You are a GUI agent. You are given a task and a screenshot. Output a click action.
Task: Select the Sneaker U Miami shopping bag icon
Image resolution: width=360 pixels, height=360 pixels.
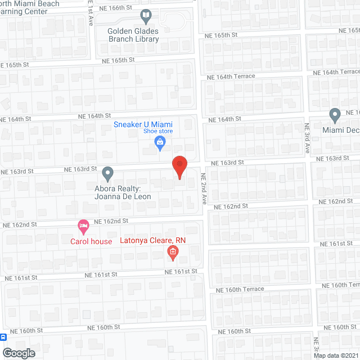point(160,145)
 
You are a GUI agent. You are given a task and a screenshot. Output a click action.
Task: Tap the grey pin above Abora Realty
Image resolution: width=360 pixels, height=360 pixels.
point(107,173)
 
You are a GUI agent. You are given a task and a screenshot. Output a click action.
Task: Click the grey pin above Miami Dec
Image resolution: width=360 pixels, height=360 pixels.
point(335,116)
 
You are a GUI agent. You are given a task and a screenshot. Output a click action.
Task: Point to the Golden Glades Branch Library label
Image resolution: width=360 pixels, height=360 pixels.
point(134,35)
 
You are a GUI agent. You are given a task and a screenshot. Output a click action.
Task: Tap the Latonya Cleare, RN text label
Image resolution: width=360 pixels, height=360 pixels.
point(153,240)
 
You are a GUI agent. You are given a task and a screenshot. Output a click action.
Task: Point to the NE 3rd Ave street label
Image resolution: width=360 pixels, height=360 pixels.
point(308,138)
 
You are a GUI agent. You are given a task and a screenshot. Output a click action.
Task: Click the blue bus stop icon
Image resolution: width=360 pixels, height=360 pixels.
point(3,337)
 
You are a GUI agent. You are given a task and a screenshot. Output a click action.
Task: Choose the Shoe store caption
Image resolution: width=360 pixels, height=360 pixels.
point(157,132)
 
